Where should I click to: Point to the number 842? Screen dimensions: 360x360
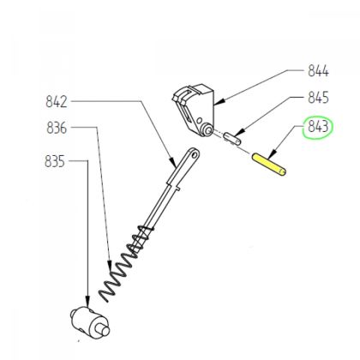57,102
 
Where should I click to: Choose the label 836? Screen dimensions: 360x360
57,129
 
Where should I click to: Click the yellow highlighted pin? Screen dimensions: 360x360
269,162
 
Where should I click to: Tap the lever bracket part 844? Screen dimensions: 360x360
196,107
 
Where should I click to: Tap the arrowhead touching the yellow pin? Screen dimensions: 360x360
273,155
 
